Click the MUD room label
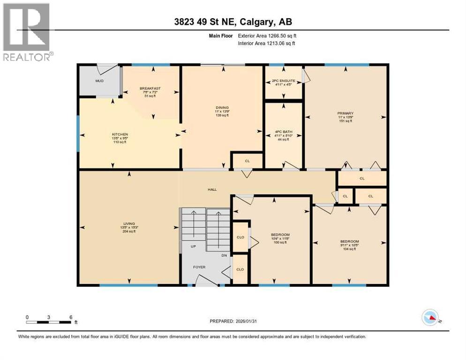[x=99, y=81]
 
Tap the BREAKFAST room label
[x=150, y=88]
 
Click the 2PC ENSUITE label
[x=283, y=81]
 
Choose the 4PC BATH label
[x=283, y=132]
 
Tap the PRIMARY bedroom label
[x=345, y=113]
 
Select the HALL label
[x=212, y=190]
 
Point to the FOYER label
[x=200, y=267]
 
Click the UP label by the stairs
[x=193, y=246]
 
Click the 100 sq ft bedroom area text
[x=280, y=242]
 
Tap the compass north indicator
[x=430, y=318]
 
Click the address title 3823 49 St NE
[x=233, y=22]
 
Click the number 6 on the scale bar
[x=70, y=317]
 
